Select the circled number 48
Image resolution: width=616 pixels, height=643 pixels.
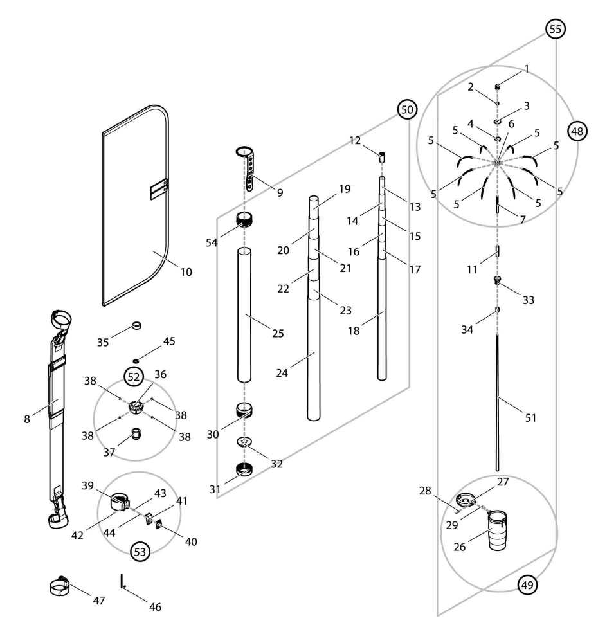[x=577, y=131]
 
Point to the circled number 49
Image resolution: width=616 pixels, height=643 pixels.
[x=527, y=585]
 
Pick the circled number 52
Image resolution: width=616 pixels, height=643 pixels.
[x=133, y=377]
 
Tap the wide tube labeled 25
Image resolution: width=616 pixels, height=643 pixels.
[x=243, y=315]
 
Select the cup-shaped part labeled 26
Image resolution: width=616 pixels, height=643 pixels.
[x=498, y=531]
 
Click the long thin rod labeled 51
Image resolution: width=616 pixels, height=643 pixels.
[x=498, y=399]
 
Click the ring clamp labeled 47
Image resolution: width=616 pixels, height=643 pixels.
[x=60, y=586]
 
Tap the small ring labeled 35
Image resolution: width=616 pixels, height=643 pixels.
[x=136, y=324]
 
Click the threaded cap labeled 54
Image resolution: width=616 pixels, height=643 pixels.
[x=243, y=221]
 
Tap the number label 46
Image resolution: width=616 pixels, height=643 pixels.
[x=156, y=606]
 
